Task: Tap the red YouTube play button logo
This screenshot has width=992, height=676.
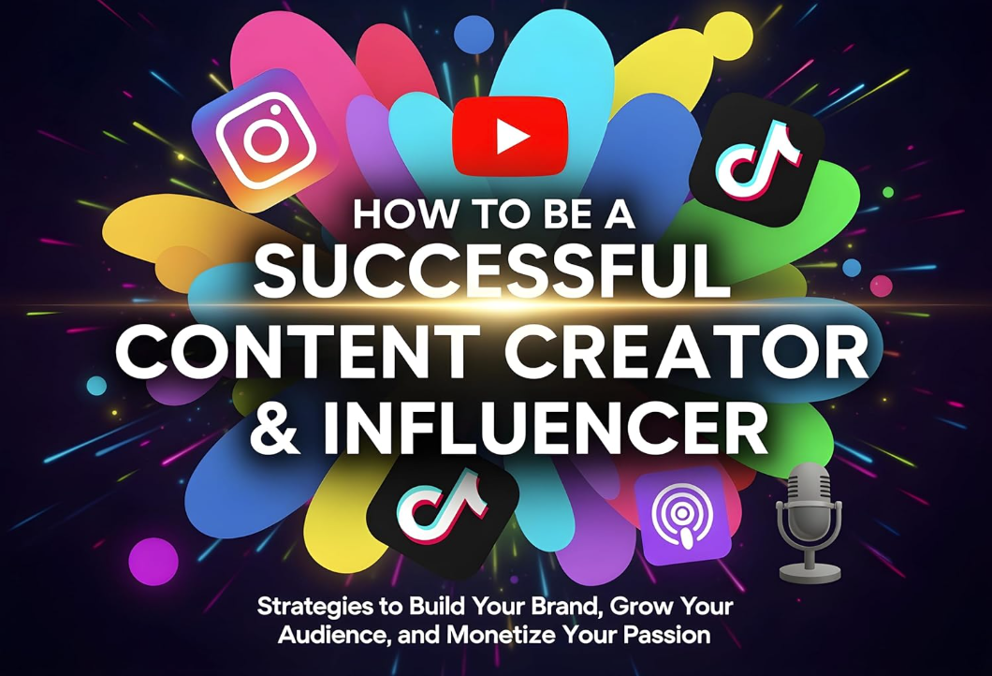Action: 510,137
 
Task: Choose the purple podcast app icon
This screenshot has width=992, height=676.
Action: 681,516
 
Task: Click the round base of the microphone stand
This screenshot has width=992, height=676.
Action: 810,570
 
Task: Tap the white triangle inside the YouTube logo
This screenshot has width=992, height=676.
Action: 511,138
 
